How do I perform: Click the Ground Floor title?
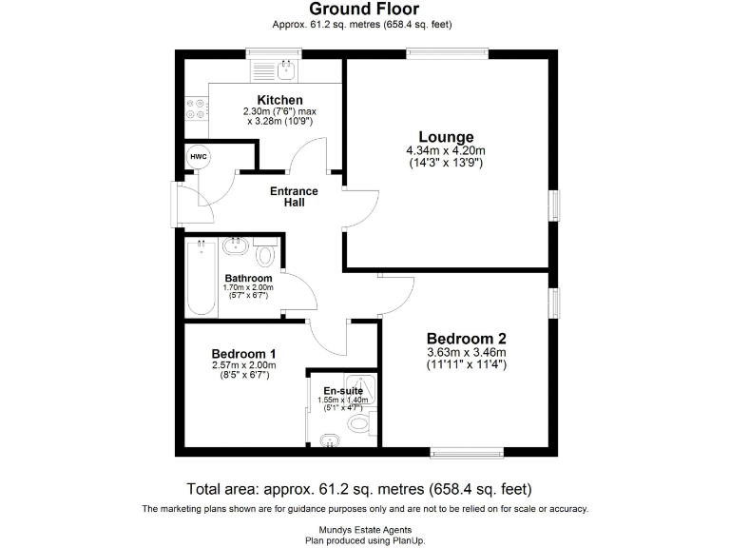tap(365, 10)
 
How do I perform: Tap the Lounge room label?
tap(446, 137)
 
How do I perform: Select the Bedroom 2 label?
tap(466, 339)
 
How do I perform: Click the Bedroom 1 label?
tap(244, 353)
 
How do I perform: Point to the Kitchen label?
tap(280, 100)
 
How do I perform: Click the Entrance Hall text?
tap(294, 197)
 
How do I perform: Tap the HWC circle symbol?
tap(199, 156)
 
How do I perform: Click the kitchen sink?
tap(284, 68)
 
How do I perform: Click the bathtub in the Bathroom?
tap(201, 277)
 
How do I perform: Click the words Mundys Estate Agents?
tap(365, 530)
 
